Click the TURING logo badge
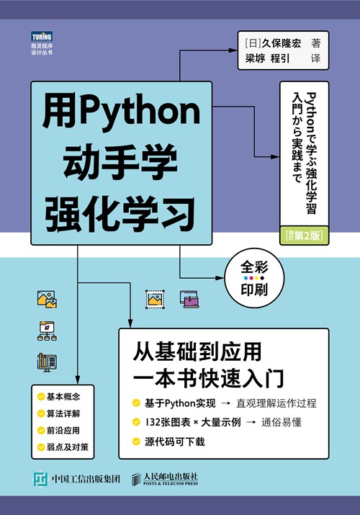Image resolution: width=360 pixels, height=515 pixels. coord(42,36)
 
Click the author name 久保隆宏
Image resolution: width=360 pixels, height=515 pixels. coord(282,44)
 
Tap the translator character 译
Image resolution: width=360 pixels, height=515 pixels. coord(315,59)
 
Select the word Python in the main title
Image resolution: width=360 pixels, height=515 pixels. coord(140,110)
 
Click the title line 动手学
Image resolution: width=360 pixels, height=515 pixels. coord(120,162)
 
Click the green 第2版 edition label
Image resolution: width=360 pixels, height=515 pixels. coord(305,236)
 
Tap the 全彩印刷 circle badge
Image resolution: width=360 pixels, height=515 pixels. coord(254,278)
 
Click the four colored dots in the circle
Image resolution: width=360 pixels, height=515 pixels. coord(254,279)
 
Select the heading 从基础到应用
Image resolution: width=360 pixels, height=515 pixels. coord(197,351)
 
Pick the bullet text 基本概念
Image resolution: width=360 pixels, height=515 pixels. coord(63,397)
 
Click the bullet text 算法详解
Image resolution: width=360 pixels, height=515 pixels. coord(63,413)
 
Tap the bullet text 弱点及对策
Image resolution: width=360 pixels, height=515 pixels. coord(68,447)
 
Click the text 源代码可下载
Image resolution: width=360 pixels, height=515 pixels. coord(175,442)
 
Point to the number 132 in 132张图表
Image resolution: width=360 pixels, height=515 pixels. coord(152,422)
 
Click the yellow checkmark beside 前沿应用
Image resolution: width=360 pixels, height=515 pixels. coord(41,430)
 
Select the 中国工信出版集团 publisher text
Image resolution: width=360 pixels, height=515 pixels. coord(86,479)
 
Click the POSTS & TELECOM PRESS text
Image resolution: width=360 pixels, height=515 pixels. coord(171,483)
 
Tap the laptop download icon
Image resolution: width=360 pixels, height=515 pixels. coord(189,299)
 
